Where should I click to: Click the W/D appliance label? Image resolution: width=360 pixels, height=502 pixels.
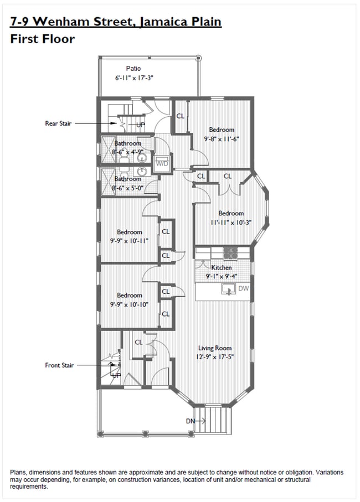pyautogui.click(x=162, y=164)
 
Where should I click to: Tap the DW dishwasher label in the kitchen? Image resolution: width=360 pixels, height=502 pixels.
pyautogui.click(x=244, y=288)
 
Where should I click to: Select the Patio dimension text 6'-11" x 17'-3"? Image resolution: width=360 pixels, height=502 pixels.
pyautogui.click(x=133, y=79)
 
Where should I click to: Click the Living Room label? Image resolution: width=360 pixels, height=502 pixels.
pyautogui.click(x=215, y=348)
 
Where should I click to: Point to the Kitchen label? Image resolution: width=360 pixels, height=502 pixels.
pyautogui.click(x=222, y=267)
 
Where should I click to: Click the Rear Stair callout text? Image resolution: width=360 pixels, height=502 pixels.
pyautogui.click(x=59, y=123)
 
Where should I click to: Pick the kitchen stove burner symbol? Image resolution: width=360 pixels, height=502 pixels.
pyautogui.click(x=230, y=253)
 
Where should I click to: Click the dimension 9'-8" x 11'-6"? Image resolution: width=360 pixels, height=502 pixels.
pyautogui.click(x=222, y=139)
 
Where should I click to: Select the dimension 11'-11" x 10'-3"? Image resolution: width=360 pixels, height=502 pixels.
pyautogui.click(x=230, y=222)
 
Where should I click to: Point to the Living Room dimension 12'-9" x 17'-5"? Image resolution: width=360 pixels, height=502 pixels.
pyautogui.click(x=215, y=358)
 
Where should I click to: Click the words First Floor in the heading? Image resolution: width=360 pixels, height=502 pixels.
pyautogui.click(x=42, y=39)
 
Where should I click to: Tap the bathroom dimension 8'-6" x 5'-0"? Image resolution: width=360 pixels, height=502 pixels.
pyautogui.click(x=128, y=188)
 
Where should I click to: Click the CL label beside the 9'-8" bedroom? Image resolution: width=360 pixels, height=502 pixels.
pyautogui.click(x=180, y=116)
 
